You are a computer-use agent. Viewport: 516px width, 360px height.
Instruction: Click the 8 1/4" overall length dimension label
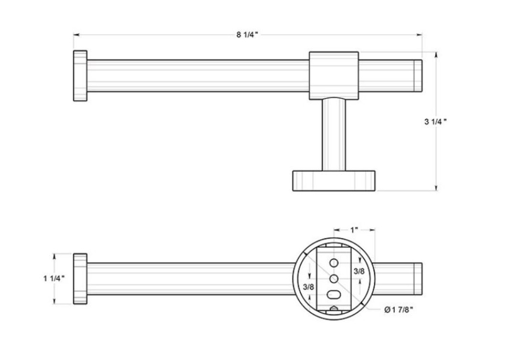(x=247, y=34)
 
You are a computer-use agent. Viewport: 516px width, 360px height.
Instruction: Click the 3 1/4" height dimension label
(x=435, y=122)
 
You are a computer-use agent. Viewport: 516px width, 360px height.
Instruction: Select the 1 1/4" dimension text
(x=54, y=278)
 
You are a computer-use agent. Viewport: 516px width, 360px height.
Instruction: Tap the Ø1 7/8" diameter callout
(x=398, y=309)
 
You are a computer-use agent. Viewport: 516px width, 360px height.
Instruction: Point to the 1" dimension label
(x=354, y=230)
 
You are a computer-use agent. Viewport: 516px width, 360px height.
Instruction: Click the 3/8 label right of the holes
(x=359, y=271)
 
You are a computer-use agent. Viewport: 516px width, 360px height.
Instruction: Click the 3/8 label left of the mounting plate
(x=308, y=287)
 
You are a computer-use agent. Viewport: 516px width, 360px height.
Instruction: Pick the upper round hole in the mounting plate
(x=334, y=263)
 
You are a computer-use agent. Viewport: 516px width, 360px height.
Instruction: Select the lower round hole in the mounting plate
(x=334, y=279)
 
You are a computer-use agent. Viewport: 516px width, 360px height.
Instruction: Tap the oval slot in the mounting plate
(x=334, y=295)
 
